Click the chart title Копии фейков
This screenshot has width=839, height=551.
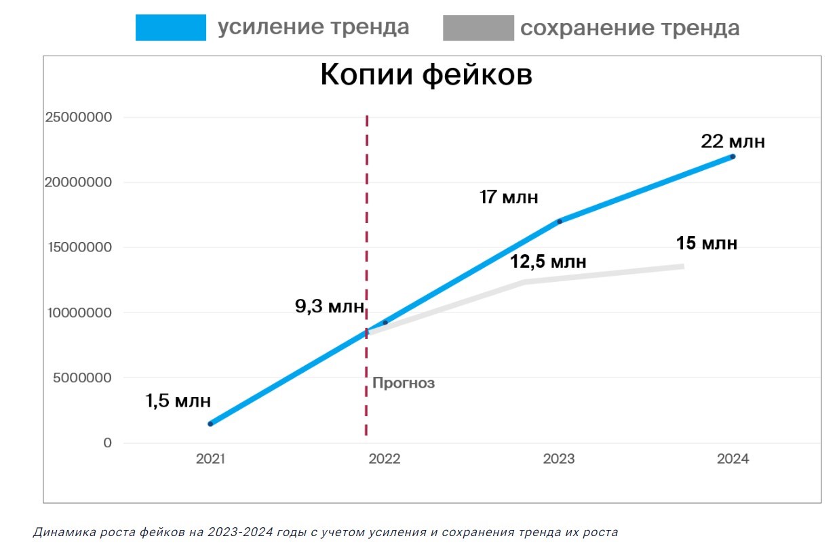pos(426,75)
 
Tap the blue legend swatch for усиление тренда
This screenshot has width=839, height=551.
pos(170,28)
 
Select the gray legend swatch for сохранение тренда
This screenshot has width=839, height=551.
pos(478,28)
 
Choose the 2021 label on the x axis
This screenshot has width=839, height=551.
pos(210,459)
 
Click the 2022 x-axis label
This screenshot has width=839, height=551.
pos(385,459)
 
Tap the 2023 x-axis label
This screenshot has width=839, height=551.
pos(559,459)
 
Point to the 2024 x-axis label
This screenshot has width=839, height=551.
pos(733,459)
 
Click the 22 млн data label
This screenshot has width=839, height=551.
pos(733,142)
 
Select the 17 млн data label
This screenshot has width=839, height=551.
pos(508,197)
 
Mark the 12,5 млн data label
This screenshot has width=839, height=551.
pos(548,262)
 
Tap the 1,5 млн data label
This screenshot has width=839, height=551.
pos(178,401)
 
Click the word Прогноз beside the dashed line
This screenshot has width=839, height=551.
pos(404,384)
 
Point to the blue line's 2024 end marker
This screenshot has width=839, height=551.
pos(733,157)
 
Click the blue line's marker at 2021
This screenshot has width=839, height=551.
pos(210,424)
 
